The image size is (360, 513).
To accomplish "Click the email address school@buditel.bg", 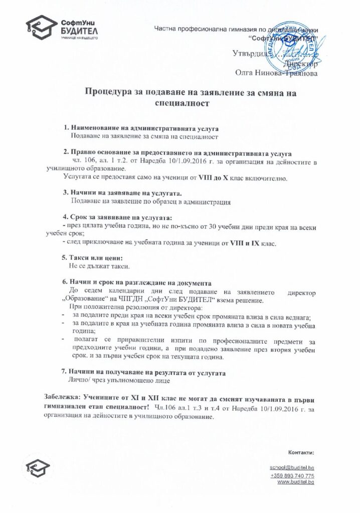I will [x=292, y=467].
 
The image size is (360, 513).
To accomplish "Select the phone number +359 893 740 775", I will [x=292, y=475].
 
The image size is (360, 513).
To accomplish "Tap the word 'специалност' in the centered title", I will [x=180, y=103].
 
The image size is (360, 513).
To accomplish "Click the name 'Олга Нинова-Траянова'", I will [x=276, y=73].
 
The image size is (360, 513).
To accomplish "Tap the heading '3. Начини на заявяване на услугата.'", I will [x=121, y=193].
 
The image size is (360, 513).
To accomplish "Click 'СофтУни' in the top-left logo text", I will [x=78, y=22].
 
